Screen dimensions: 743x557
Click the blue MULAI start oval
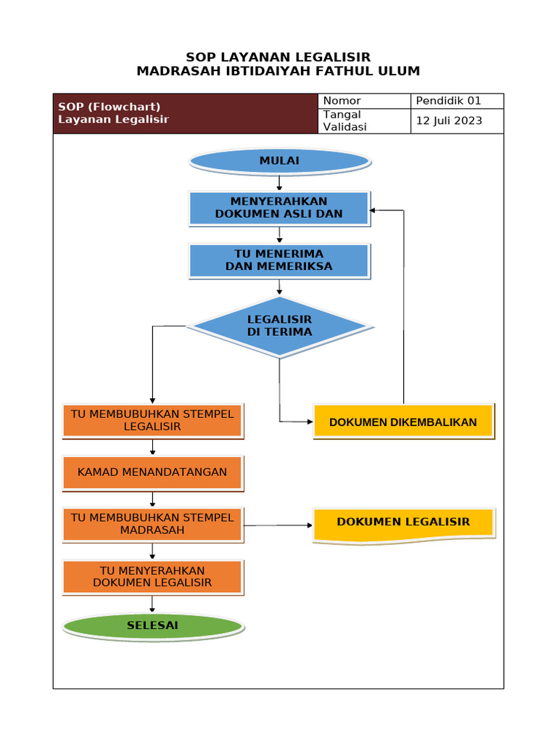(279, 160)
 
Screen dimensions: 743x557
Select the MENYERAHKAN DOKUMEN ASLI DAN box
(279, 208)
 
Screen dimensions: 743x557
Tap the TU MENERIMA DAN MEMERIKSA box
(279, 260)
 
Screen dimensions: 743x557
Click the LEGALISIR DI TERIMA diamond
(279, 326)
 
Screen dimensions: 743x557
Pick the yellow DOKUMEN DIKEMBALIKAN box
(403, 422)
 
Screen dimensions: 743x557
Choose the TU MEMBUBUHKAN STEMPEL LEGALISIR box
(152, 421)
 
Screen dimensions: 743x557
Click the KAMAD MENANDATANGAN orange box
(152, 472)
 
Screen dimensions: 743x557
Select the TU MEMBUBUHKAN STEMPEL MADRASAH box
(152, 525)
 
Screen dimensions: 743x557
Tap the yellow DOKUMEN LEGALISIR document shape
(403, 523)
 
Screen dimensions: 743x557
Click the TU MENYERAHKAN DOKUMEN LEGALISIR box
(152, 577)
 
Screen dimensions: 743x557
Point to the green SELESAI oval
(152, 625)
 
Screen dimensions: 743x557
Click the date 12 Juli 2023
(448, 121)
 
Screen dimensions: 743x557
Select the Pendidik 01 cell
(448, 101)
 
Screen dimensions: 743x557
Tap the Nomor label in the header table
(342, 101)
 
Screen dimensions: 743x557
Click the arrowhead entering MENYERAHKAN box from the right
(374, 210)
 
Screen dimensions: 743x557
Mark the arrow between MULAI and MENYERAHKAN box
(279, 183)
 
